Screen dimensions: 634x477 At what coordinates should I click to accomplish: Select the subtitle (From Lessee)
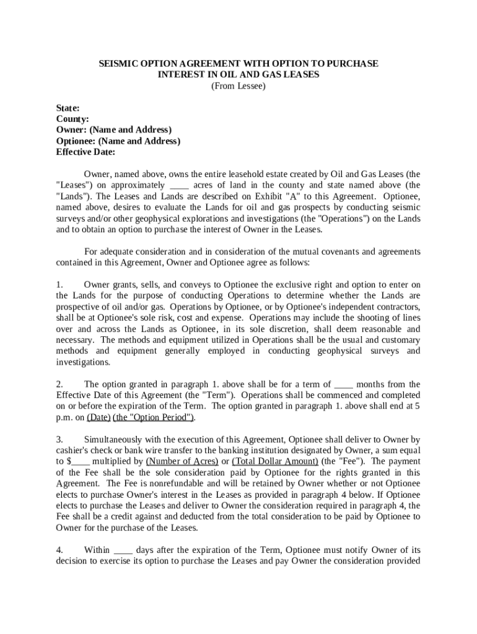(x=239, y=86)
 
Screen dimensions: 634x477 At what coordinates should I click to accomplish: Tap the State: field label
(x=68, y=108)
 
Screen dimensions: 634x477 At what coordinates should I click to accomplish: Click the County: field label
(x=72, y=119)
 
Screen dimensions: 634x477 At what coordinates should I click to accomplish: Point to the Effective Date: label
(x=85, y=152)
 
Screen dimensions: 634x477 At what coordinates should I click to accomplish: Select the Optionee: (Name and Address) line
(x=118, y=141)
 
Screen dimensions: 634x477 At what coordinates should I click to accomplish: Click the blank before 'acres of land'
(x=179, y=185)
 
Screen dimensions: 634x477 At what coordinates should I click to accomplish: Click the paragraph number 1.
(x=59, y=285)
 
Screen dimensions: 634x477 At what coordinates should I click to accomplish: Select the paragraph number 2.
(x=59, y=384)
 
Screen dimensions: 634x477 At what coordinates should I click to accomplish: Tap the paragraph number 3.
(x=59, y=439)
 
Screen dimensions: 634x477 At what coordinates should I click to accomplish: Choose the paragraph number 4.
(x=59, y=550)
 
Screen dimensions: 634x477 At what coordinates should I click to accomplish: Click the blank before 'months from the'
(x=343, y=384)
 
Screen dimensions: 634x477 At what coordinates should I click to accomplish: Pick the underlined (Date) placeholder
(x=98, y=417)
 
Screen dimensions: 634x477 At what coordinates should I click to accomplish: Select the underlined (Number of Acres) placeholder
(x=182, y=461)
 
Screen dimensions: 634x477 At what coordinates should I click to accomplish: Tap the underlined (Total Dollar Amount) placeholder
(x=275, y=461)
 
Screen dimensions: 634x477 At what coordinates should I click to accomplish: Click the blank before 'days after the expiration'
(x=123, y=550)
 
